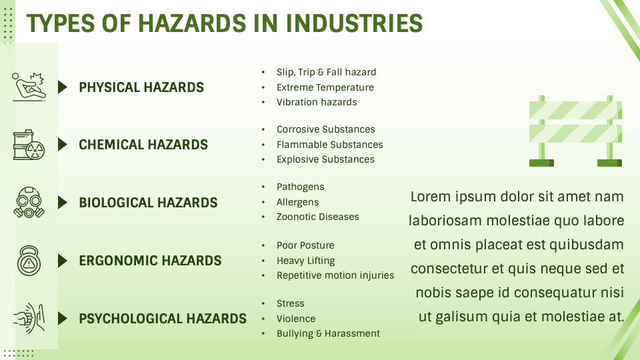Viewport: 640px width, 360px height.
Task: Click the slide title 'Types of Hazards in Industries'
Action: (224, 23)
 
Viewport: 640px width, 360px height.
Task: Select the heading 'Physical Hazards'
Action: (141, 87)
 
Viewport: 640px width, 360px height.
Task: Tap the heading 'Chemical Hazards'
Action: (143, 145)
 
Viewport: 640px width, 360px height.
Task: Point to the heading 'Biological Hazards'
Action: (148, 203)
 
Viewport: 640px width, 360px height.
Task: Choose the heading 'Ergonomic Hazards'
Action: (150, 261)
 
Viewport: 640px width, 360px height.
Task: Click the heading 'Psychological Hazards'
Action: (163, 319)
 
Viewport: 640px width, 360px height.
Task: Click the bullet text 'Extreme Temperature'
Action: (325, 87)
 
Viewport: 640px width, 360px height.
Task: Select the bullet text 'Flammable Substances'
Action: (330, 145)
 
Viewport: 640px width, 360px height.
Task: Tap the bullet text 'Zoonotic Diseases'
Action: (318, 217)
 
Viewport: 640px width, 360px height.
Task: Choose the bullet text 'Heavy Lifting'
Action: (306, 261)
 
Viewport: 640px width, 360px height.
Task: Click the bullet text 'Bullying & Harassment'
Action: (328, 333)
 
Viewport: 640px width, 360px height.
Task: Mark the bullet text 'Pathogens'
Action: (301, 187)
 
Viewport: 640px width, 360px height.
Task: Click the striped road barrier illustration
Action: (575, 131)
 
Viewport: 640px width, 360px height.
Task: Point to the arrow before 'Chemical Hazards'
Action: (63, 145)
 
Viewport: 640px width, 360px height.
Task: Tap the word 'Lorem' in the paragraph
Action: (431, 197)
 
